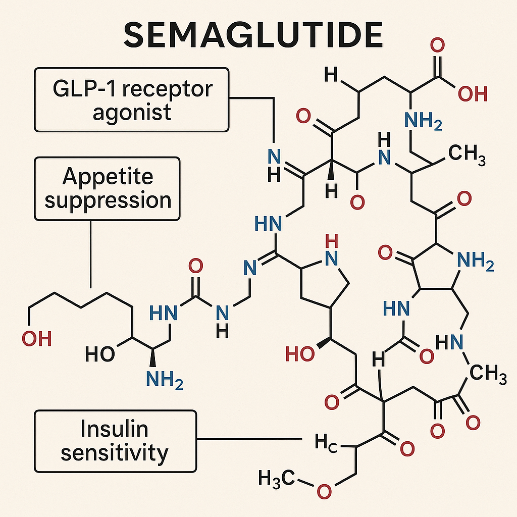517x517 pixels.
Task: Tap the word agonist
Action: (x=132, y=112)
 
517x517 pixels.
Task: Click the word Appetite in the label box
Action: (x=108, y=177)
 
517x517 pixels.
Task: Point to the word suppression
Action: (x=108, y=200)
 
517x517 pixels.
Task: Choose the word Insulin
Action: (x=115, y=429)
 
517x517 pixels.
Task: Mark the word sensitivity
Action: (x=115, y=452)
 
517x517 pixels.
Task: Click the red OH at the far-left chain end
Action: (x=37, y=339)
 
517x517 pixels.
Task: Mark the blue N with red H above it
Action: (x=331, y=258)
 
